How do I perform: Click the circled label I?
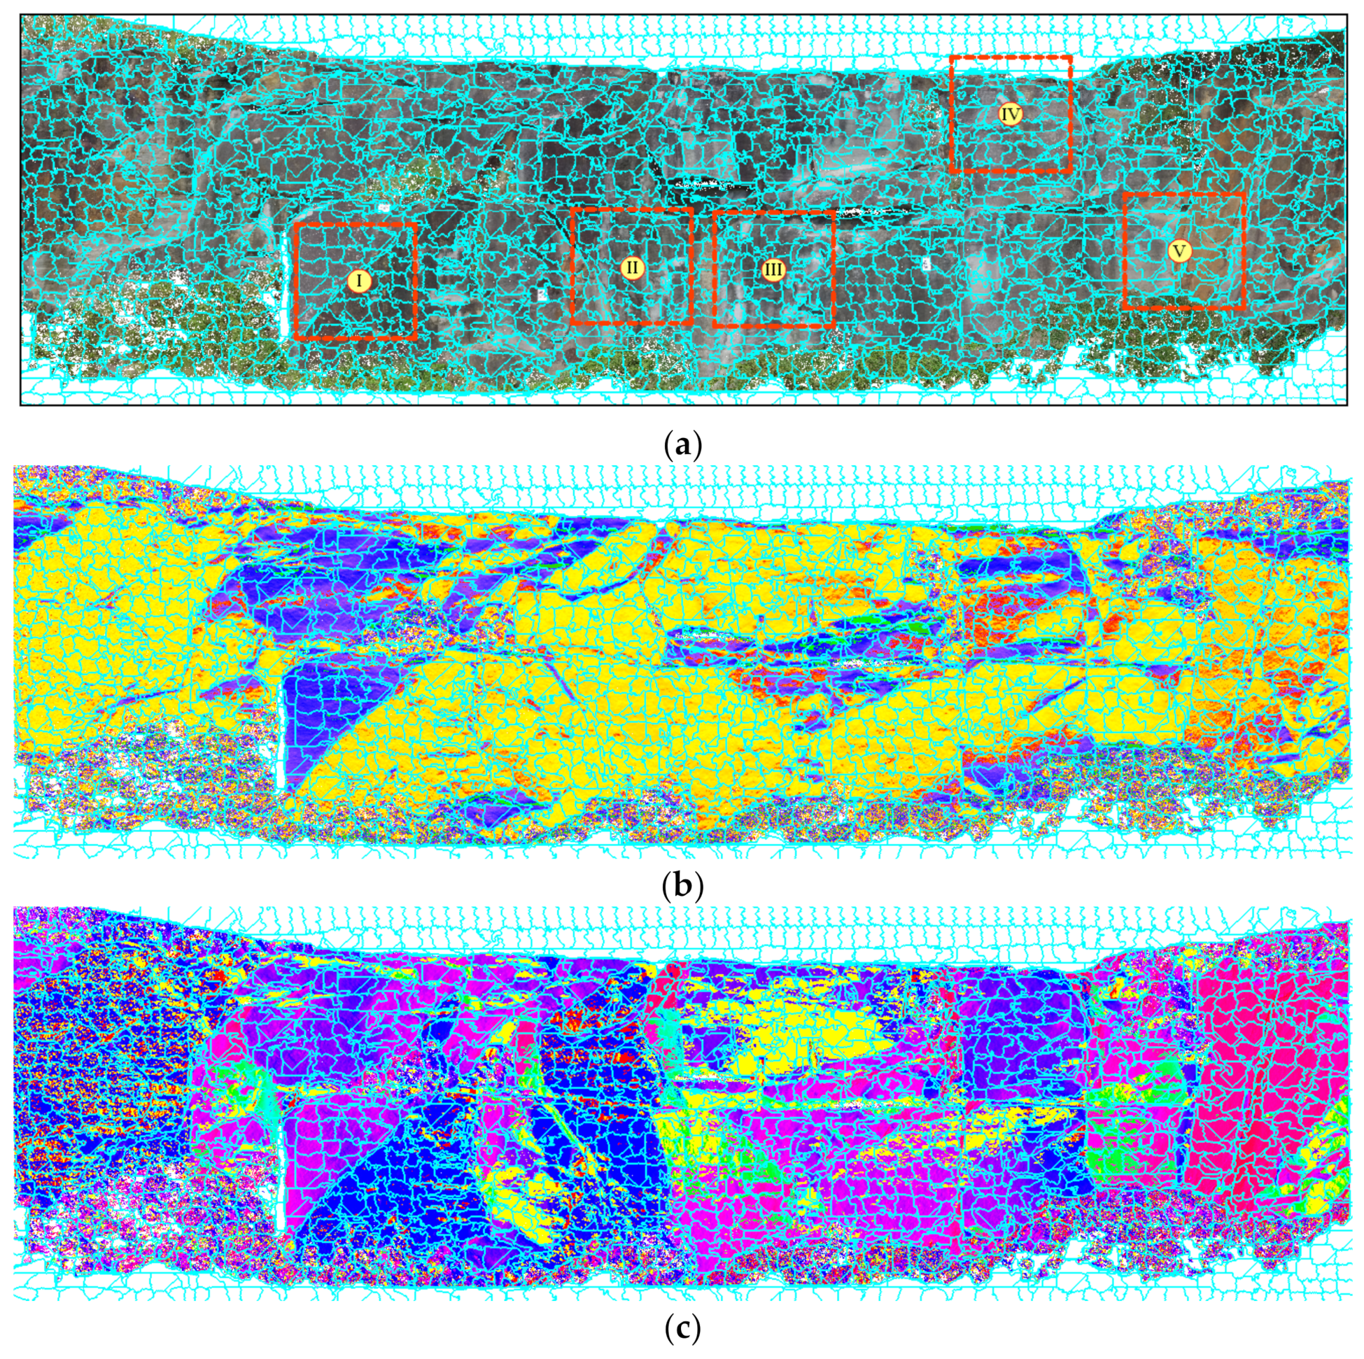coord(358,281)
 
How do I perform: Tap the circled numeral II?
coord(632,267)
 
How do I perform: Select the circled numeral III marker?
coord(774,269)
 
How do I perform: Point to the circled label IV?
coord(1011,113)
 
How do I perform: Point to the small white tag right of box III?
coord(926,262)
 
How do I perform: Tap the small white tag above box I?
coord(384,209)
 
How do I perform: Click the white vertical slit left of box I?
coord(286,283)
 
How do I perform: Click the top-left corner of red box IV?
coord(952,58)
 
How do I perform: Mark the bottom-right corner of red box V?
coord(1242,309)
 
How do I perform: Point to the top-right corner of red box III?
coord(834,212)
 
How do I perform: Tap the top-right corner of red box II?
coord(692,209)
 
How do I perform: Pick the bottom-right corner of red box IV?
coord(1070,171)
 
